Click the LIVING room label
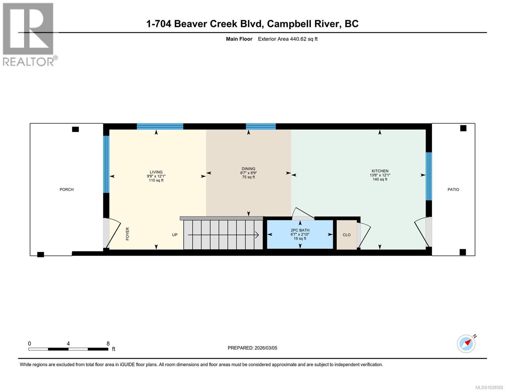(x=156, y=172)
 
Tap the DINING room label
(x=248, y=169)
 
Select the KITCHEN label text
(x=380, y=171)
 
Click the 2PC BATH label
(x=300, y=230)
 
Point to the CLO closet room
(x=347, y=235)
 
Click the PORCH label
(x=67, y=189)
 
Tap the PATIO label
(x=453, y=189)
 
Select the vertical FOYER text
(x=127, y=234)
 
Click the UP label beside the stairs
(x=175, y=235)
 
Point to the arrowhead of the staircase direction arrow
(x=257, y=235)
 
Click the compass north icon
(x=466, y=344)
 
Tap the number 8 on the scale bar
(x=108, y=344)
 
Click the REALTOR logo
(x=29, y=34)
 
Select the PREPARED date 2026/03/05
(x=252, y=348)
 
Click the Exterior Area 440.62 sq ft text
(x=287, y=39)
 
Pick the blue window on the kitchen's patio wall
(x=429, y=176)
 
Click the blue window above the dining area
(x=261, y=126)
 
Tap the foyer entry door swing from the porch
(x=112, y=233)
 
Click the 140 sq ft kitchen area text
(x=380, y=179)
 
